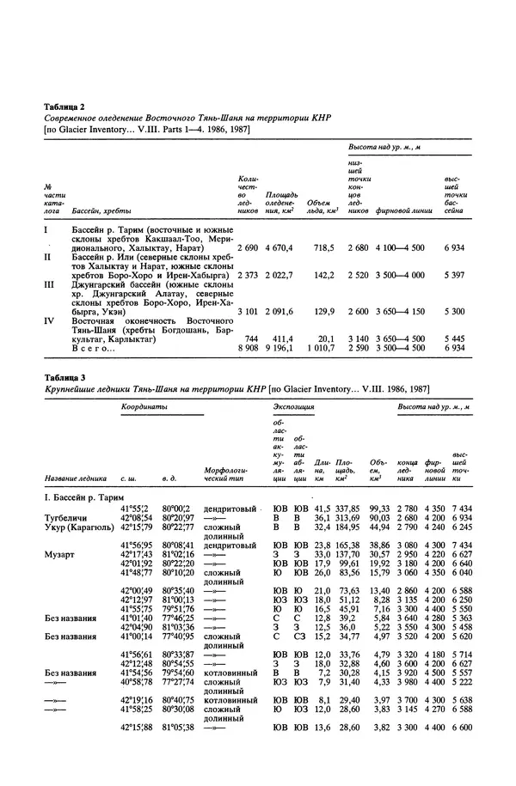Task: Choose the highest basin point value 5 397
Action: pyautogui.click(x=455, y=278)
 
